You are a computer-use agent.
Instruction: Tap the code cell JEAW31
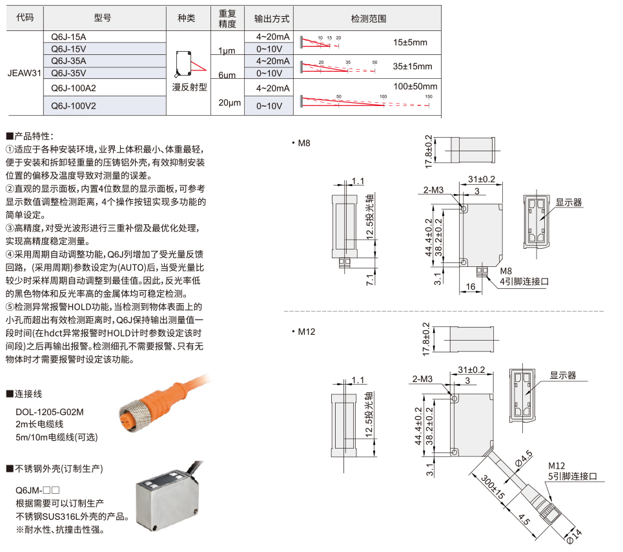coord(25,73)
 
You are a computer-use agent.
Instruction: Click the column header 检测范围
coord(369,18)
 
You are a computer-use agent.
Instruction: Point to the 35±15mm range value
coord(413,67)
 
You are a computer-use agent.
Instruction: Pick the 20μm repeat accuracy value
coord(229,103)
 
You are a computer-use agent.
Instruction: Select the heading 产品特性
coord(30,136)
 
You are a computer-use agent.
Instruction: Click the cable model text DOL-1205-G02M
coord(50,412)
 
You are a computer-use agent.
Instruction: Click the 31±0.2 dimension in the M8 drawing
coord(482,179)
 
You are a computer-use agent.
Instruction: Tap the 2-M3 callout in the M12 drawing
coord(422,379)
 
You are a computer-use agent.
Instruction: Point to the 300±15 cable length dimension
coord(493,487)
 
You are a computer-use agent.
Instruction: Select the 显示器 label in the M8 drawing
coord(569,202)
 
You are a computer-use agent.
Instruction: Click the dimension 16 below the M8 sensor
coord(471,287)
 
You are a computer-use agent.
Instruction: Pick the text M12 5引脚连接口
coord(573,471)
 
